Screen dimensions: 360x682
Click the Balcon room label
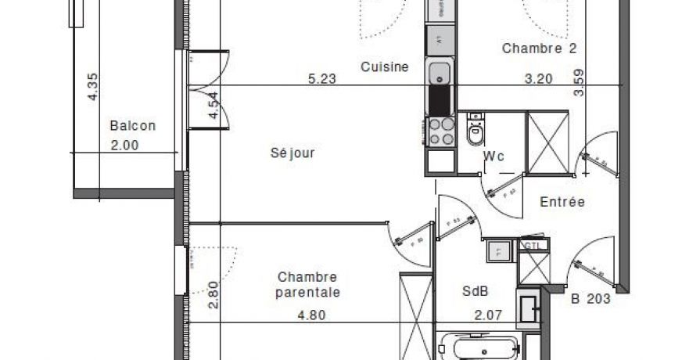point(133,125)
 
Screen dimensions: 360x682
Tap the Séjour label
point(293,153)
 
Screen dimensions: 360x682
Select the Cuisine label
point(385,67)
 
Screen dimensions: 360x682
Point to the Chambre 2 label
point(540,49)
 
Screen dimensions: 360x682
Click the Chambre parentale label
point(308,285)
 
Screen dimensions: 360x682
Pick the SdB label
point(475,291)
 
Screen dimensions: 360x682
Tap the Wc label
point(494,157)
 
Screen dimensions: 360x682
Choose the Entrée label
point(562,202)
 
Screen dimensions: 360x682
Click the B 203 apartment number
point(590,297)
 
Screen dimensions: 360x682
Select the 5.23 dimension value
point(322,79)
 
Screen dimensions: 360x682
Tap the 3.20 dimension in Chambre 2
point(538,79)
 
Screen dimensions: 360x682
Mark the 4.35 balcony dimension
point(93,86)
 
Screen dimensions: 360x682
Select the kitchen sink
point(439,74)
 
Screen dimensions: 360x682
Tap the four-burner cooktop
point(441,131)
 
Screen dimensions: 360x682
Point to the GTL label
point(531,245)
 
